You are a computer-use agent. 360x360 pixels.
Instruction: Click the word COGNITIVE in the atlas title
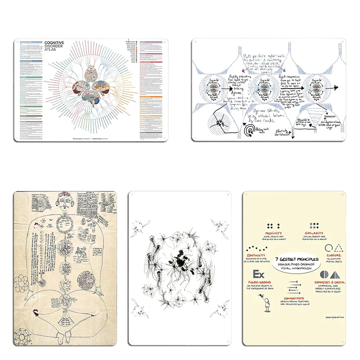[x=54, y=42]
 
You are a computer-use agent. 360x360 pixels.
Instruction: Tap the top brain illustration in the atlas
[x=90, y=70]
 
